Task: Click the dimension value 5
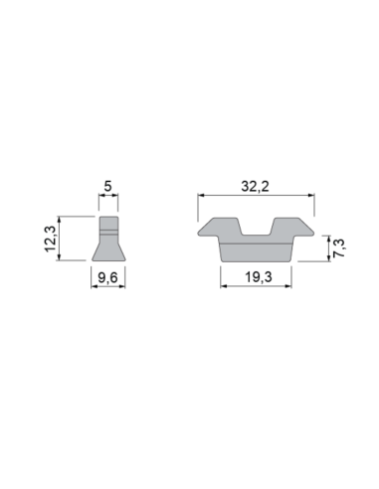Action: [x=107, y=185]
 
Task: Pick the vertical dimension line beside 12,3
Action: [x=63, y=239]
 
